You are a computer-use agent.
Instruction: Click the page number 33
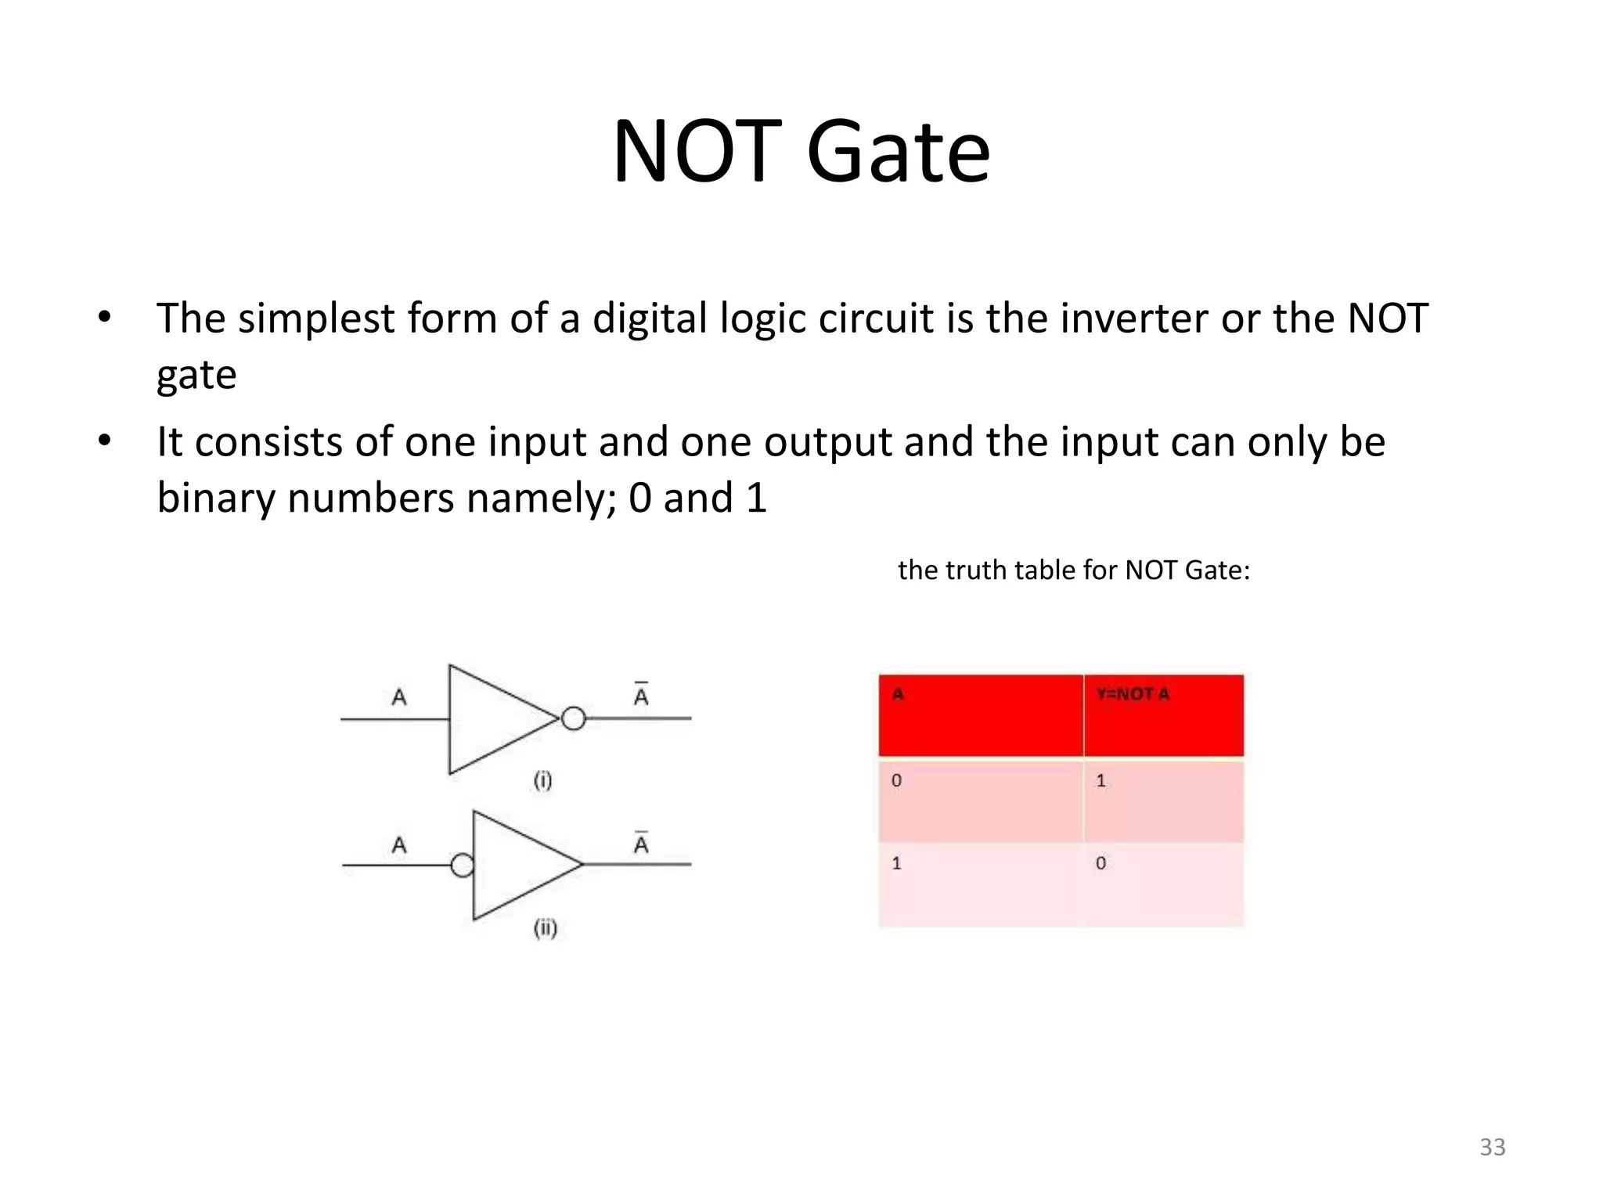1492,1147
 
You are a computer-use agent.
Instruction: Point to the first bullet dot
104,318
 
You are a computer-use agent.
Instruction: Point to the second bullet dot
104,441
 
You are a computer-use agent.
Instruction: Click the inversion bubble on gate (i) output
573,718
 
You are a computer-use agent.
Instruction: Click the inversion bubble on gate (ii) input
462,865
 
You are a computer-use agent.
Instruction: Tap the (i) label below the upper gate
542,780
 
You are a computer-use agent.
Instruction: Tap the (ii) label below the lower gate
545,928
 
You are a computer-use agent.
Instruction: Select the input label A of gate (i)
399,696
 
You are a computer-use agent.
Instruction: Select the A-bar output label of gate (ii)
641,844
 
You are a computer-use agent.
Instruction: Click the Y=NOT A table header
1133,694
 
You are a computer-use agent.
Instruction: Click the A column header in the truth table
898,694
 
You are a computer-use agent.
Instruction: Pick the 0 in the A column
897,780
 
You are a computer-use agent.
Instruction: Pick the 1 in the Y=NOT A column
1100,780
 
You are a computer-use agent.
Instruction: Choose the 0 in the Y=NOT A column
1100,863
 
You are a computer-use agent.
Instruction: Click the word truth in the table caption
979,570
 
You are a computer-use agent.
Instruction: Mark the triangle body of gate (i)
493,718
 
